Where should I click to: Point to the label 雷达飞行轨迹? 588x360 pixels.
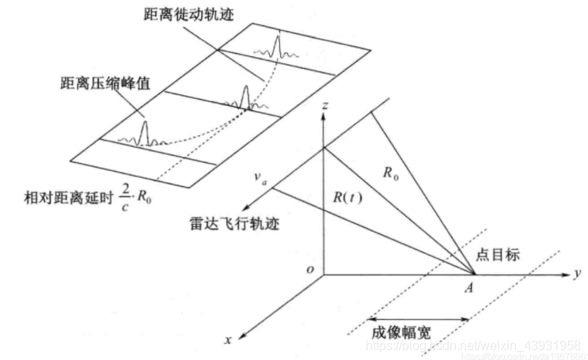[238, 223]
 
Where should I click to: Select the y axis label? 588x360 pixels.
[579, 273]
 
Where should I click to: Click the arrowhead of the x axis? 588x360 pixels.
[240, 332]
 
